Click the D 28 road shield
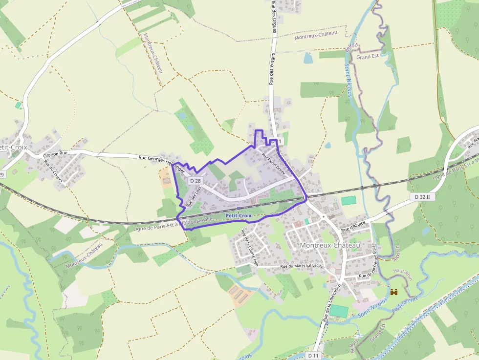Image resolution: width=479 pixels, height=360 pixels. (x=195, y=181)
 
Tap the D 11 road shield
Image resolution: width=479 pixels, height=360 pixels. (x=314, y=356)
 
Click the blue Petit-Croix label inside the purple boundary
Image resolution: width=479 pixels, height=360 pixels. (x=239, y=215)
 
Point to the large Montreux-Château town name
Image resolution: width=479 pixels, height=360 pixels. (x=330, y=245)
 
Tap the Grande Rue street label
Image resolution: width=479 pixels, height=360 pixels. (x=55, y=153)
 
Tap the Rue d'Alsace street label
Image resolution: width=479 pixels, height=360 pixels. (x=353, y=227)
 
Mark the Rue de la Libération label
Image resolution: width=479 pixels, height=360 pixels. (x=332, y=304)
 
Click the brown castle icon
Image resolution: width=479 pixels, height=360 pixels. (x=394, y=292)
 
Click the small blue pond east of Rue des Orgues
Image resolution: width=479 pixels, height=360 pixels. (x=308, y=58)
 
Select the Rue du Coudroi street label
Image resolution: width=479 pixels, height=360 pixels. (x=53, y=171)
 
